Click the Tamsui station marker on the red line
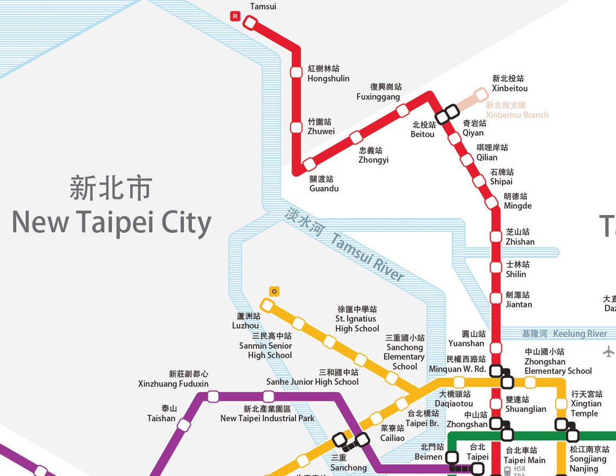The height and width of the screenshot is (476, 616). tap(250, 23)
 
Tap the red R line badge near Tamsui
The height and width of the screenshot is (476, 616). tap(235, 16)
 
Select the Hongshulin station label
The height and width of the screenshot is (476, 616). tap(327, 73)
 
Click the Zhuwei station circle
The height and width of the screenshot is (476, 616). tap(296, 128)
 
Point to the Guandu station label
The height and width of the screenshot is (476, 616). tap(323, 184)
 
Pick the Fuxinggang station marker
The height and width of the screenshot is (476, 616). tap(402, 111)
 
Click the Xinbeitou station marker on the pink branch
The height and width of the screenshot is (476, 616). tap(481, 95)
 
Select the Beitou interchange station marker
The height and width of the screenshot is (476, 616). tap(447, 115)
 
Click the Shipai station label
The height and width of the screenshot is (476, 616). tap(501, 177)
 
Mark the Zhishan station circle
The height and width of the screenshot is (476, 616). tap(496, 236)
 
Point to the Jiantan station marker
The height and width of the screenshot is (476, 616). tap(496, 298)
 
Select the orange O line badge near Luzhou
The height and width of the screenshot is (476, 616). tap(274, 292)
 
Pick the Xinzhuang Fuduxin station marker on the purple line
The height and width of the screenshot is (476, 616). tap(213, 397)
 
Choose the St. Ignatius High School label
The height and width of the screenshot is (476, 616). tap(357, 319)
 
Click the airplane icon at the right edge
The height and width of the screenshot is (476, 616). tap(608, 352)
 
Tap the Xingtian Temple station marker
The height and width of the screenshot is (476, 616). tap(561, 404)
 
